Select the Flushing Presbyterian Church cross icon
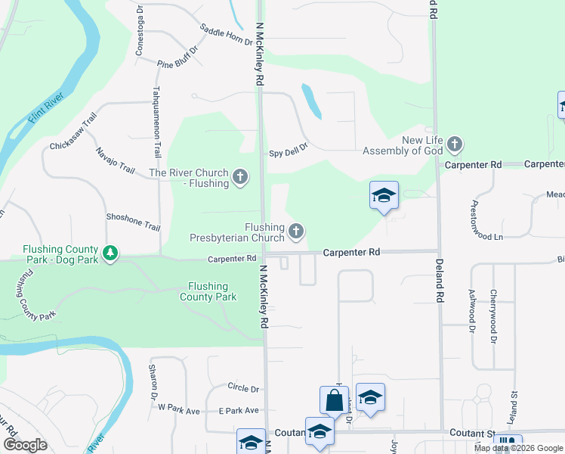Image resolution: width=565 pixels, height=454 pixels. click(x=297, y=232)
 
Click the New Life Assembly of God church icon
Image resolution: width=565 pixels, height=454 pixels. click(x=454, y=144)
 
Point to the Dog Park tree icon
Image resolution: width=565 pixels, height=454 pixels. click(x=111, y=253)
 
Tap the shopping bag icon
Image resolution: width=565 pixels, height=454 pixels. click(x=334, y=400)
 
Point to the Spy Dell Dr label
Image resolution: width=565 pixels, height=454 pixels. click(x=289, y=151)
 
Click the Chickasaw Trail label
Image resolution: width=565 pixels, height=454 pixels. click(x=74, y=132)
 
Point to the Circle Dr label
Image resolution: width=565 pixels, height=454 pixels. click(x=242, y=388)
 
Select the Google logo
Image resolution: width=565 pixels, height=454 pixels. click(x=24, y=445)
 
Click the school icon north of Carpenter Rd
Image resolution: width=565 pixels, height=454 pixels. click(x=384, y=196)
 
